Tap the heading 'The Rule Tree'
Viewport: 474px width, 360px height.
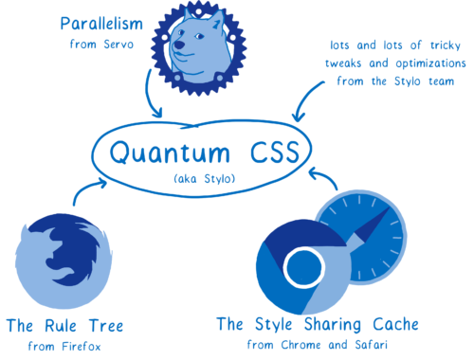pos(64,327)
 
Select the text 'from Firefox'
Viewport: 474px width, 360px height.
pos(64,348)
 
